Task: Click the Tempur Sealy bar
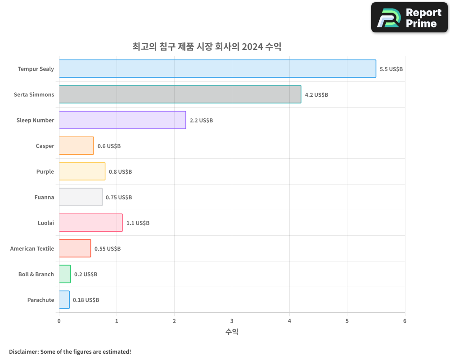[217, 69]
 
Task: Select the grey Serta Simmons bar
[180, 94]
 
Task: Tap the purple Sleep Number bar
[122, 120]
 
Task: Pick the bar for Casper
[76, 146]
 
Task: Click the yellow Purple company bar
[82, 171]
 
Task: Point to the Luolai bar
[90, 223]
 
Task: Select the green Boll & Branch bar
[65, 274]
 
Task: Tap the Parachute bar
[64, 300]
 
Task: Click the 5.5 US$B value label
[391, 69]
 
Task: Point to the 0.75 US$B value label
[119, 198]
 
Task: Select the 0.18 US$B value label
[86, 300]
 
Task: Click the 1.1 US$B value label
[138, 223]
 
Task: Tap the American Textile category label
[32, 249]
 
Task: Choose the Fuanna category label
[44, 198]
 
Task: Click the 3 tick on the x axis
[232, 321]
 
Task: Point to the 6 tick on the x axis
[405, 321]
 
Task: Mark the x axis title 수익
[232, 332]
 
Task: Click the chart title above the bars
[207, 46]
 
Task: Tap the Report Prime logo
[409, 18]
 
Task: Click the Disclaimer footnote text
[70, 351]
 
